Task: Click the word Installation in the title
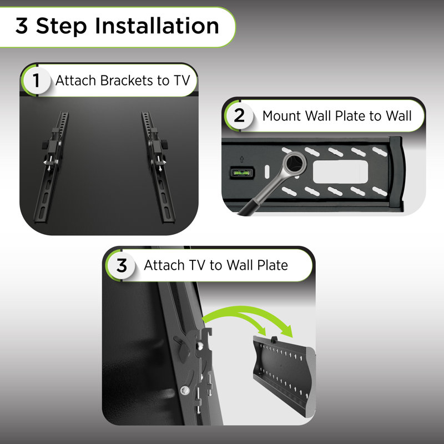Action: (157, 26)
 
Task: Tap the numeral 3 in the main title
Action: (22, 26)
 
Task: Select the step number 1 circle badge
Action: (36, 80)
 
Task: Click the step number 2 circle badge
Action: (240, 115)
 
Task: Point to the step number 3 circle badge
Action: (122, 265)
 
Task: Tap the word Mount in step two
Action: (281, 116)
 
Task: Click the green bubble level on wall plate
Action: (243, 173)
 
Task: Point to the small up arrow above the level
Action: (241, 159)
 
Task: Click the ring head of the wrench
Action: (295, 163)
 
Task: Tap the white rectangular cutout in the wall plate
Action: (340, 172)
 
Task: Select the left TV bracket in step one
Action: (51, 167)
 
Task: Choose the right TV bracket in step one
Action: (159, 167)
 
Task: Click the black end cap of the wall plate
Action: (396, 173)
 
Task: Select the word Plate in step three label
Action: (273, 265)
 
